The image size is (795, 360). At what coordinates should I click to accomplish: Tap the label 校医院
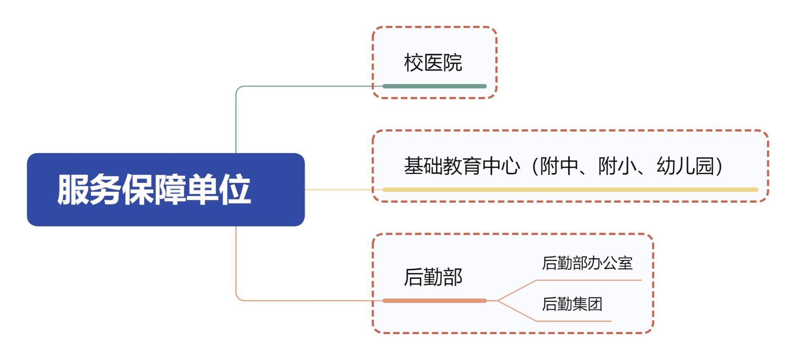433,63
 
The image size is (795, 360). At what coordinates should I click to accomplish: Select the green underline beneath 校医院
434,86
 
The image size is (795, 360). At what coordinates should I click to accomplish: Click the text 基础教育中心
462,166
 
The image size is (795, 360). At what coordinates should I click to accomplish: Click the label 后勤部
433,277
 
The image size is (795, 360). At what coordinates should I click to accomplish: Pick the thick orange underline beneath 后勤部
434,301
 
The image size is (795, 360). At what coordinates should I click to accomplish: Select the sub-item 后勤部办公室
587,263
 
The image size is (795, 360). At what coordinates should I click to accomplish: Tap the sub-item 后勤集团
572,304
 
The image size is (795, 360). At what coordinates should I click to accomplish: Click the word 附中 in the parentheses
559,166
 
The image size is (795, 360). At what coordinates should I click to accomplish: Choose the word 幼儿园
685,166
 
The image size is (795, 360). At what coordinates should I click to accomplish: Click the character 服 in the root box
73,190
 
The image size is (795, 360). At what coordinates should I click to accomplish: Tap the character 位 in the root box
235,190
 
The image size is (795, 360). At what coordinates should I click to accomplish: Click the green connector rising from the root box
236,120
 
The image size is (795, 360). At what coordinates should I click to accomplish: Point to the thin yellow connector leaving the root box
338,190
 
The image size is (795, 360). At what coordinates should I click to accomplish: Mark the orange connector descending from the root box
236,264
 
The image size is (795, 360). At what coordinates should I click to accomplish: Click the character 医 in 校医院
433,63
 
